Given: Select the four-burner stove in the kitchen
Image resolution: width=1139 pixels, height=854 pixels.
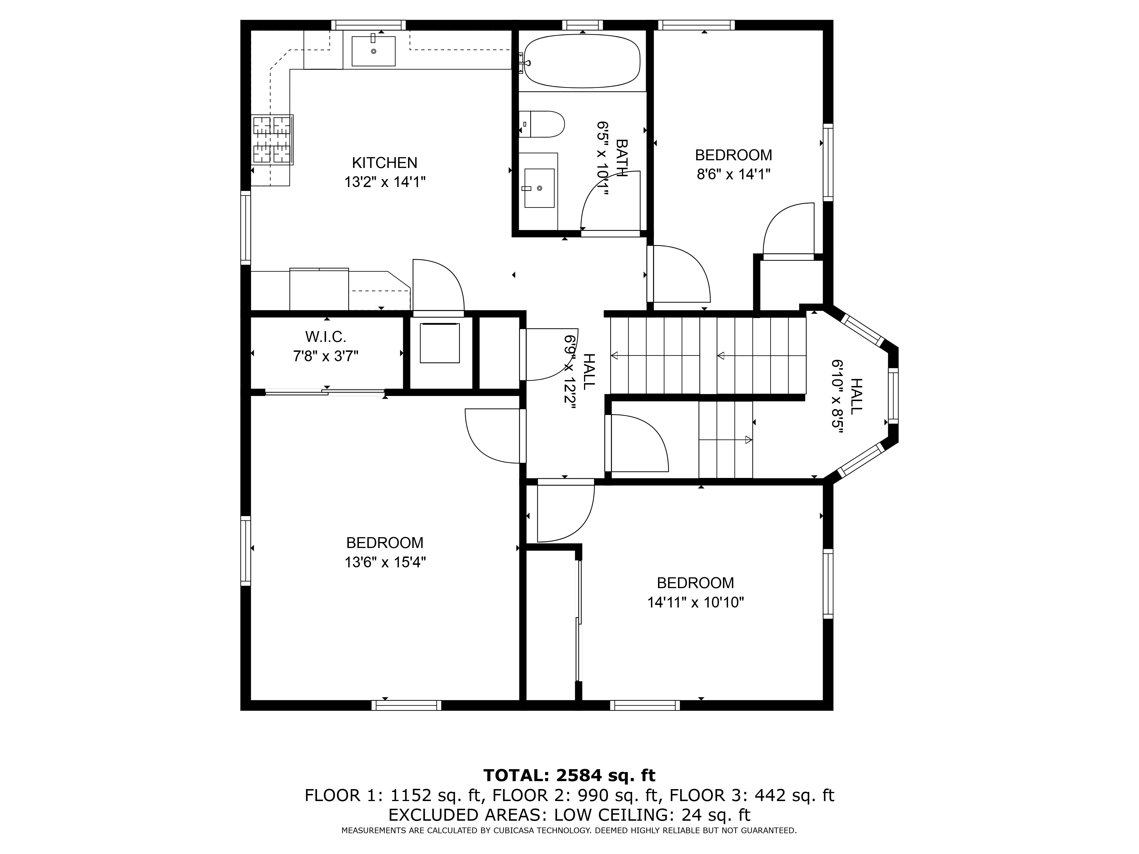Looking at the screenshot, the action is (x=273, y=139).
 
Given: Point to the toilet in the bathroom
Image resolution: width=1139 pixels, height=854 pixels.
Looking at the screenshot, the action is (x=542, y=124).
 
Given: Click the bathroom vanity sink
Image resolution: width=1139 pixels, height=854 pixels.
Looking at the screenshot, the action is (x=539, y=188).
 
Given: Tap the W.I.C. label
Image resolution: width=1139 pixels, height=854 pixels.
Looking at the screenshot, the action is (x=325, y=337).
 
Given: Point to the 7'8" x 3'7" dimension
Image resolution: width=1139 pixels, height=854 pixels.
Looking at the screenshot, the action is (x=325, y=356).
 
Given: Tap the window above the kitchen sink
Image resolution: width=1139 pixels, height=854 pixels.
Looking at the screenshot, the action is (x=368, y=25).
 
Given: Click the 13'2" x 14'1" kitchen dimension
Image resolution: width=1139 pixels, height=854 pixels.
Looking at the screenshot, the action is (x=385, y=182).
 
